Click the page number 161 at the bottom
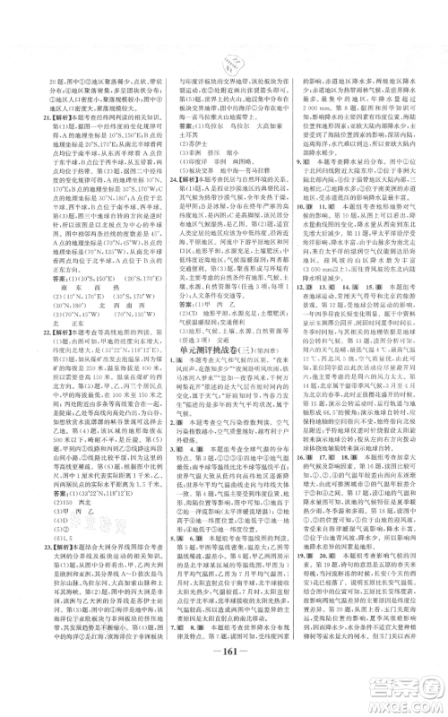click(224, 674)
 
